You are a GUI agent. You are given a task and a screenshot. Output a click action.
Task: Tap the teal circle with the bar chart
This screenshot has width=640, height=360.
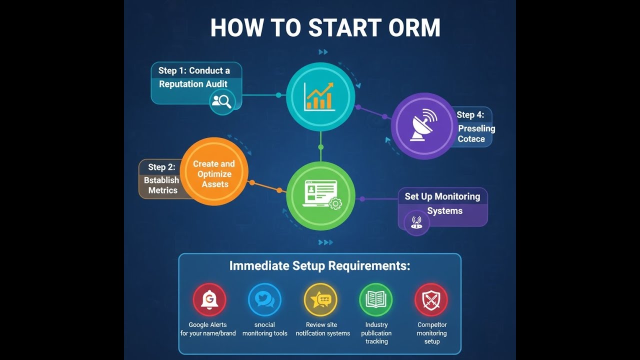click(320, 96)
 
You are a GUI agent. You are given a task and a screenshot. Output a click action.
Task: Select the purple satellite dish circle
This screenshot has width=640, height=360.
click(424, 126)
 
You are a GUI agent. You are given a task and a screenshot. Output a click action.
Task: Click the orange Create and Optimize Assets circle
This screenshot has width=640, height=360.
click(214, 171)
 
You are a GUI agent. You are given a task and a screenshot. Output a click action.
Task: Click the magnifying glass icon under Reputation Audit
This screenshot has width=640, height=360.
click(222, 101)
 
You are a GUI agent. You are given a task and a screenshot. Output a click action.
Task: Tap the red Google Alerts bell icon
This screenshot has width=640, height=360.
click(209, 300)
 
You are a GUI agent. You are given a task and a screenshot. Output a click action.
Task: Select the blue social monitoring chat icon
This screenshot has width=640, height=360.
click(264, 300)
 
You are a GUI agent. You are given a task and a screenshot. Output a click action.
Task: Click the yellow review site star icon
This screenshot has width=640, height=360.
click(320, 300)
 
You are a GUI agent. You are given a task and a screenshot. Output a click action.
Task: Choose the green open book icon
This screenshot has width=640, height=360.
click(376, 300)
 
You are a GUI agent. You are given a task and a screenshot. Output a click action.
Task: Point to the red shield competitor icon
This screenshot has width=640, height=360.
click(431, 300)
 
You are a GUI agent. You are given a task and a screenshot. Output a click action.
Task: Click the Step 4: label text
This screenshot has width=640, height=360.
click(470, 115)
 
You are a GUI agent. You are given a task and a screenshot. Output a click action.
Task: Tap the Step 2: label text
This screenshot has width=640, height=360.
click(161, 167)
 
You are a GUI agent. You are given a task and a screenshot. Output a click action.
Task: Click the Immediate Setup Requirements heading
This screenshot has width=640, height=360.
click(319, 265)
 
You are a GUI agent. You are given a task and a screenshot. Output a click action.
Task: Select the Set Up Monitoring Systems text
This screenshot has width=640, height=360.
click(442, 203)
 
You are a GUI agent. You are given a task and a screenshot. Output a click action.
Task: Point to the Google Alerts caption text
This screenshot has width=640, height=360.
click(208, 329)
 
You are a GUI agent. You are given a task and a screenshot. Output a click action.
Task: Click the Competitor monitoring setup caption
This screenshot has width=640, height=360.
click(432, 333)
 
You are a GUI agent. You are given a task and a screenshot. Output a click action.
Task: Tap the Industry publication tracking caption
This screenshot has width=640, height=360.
click(376, 333)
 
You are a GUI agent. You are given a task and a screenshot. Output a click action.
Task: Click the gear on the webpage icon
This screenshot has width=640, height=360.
click(335, 203)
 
